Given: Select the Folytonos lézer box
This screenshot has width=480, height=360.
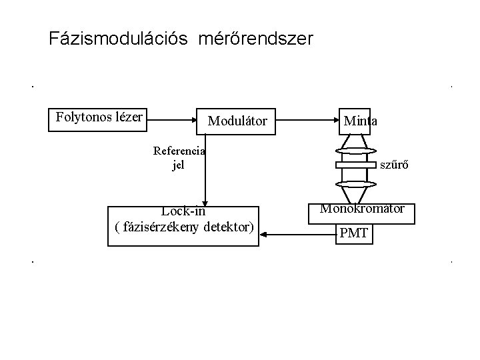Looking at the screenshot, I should pyautogui.click(x=99, y=118).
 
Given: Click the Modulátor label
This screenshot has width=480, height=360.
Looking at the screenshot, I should pyautogui.click(x=238, y=121).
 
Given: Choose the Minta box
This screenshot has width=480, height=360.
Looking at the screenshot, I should pyautogui.click(x=360, y=121).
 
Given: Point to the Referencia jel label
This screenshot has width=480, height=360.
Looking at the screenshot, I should pyautogui.click(x=178, y=157).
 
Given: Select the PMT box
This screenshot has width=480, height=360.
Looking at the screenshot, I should pyautogui.click(x=353, y=234).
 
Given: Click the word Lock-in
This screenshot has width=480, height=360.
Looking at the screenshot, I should pyautogui.click(x=182, y=212).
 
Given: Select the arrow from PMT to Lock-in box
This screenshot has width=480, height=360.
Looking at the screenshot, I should pyautogui.click(x=297, y=234).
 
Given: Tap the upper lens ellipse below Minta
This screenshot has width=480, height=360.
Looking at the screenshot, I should pyautogui.click(x=357, y=151).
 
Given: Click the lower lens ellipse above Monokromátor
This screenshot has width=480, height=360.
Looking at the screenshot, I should pyautogui.click(x=357, y=183).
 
